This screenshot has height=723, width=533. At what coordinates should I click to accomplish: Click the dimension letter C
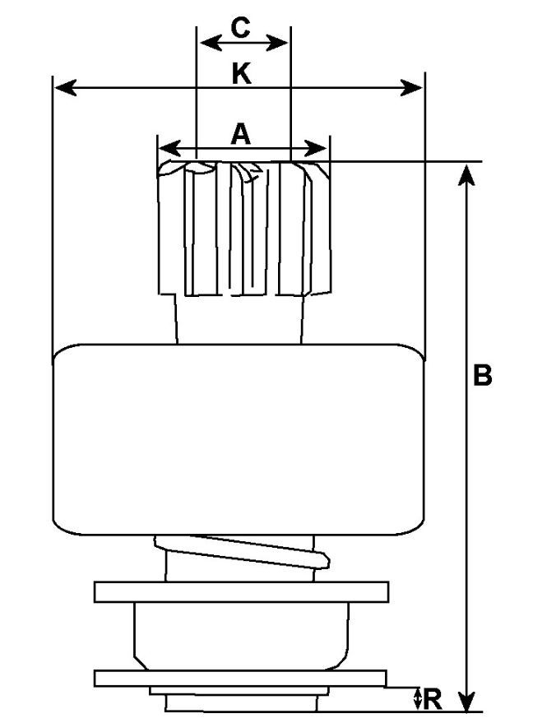click(x=240, y=28)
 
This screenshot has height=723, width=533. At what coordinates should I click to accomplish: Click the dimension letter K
click(x=240, y=74)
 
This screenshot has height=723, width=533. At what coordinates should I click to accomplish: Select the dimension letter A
click(x=240, y=133)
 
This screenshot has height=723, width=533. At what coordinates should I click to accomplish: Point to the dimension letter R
click(x=433, y=700)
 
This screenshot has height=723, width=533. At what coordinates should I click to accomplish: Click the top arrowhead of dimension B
click(x=467, y=172)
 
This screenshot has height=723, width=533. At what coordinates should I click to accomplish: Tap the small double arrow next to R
click(x=418, y=699)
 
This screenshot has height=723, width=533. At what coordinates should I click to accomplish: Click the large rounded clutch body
click(x=238, y=440)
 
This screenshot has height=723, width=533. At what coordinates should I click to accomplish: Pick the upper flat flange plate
click(x=241, y=591)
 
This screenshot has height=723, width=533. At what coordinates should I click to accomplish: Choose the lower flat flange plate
click(x=239, y=678)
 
